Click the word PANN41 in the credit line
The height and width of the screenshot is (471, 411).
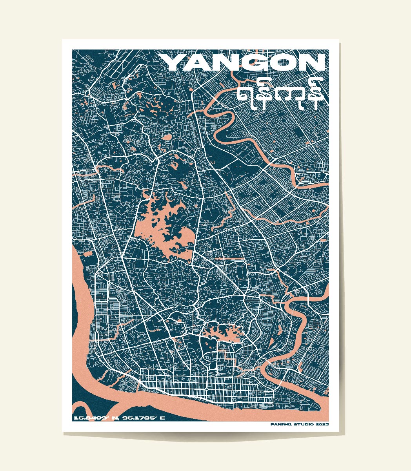[280, 424]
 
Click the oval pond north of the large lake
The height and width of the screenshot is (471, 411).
[166, 138]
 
